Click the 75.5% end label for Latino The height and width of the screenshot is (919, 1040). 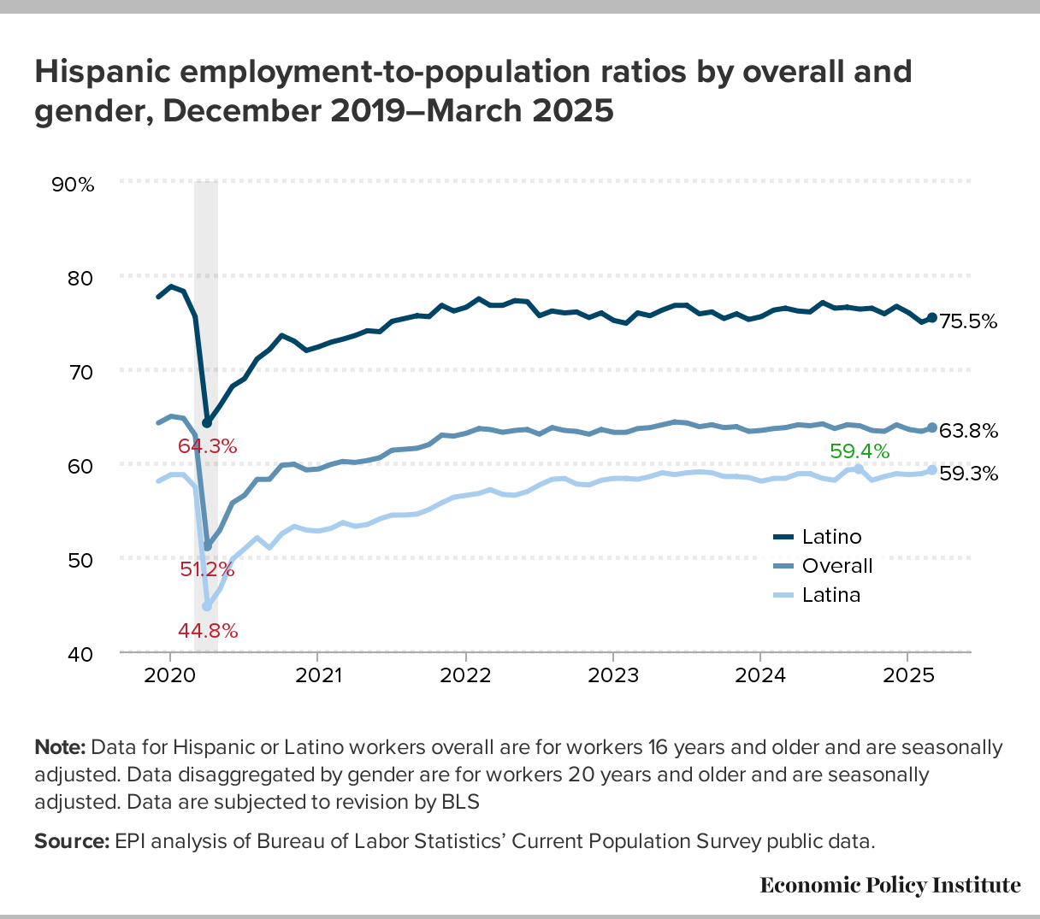point(968,322)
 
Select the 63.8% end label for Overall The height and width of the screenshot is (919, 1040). point(968,431)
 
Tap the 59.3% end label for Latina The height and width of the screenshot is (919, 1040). point(968,474)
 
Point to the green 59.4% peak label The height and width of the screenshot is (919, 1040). point(860,451)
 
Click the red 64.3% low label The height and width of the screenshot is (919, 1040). point(207,445)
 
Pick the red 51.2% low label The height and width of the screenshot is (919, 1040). point(207,568)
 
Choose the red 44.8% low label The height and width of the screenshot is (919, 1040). point(207,631)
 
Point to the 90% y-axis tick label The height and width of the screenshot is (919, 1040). point(74,184)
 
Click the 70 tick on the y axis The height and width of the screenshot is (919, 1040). point(80,371)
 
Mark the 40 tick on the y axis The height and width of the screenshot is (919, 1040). point(80,654)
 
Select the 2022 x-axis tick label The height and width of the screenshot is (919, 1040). point(465,675)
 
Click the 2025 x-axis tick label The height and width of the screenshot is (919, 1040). point(908,675)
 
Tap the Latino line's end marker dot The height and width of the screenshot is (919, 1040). point(932,317)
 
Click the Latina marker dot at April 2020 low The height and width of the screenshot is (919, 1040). point(207,606)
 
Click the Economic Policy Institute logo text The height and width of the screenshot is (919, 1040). point(890,885)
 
